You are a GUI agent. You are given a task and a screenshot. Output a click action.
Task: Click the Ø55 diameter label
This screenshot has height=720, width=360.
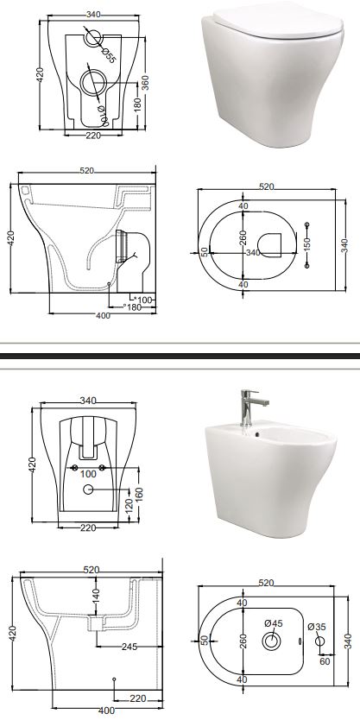(111, 55)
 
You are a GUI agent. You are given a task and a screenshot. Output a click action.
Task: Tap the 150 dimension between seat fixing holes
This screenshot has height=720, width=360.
(306, 244)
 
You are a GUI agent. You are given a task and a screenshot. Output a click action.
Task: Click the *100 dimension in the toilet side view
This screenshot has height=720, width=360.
(143, 300)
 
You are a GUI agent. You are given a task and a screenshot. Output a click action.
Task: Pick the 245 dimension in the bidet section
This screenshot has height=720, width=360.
(129, 646)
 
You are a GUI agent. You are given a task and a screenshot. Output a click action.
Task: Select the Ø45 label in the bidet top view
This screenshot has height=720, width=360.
(274, 623)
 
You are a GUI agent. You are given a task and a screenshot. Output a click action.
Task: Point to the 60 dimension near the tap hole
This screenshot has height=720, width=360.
(325, 661)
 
